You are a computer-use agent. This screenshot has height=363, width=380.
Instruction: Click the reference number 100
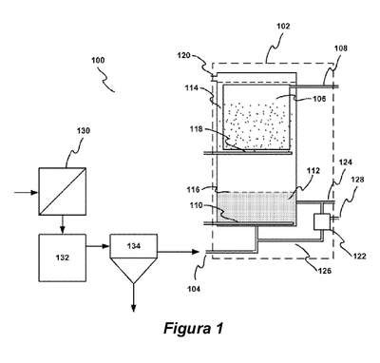(98, 60)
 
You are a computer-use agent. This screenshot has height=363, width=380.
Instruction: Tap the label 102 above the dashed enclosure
(283, 26)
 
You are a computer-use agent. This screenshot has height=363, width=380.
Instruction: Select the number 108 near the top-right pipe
(341, 48)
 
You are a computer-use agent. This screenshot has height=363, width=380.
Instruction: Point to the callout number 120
(183, 55)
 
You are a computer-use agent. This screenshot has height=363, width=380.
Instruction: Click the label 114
(192, 87)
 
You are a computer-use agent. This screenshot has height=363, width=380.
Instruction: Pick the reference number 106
(319, 99)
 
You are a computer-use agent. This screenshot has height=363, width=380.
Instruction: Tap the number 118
(197, 129)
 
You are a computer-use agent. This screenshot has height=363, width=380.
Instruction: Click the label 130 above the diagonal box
(84, 130)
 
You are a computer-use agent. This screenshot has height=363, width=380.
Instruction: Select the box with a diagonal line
(63, 191)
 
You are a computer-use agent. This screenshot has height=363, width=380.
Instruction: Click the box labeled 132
(63, 258)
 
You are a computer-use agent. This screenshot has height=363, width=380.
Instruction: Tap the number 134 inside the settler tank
(134, 246)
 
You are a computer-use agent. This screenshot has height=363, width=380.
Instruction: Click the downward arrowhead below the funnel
(133, 308)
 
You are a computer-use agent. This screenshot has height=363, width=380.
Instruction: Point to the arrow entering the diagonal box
(26, 192)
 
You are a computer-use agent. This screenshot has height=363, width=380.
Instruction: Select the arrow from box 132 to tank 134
(98, 246)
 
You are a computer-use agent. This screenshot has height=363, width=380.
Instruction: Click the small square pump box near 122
(322, 221)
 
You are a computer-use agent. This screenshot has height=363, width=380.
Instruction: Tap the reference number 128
(357, 180)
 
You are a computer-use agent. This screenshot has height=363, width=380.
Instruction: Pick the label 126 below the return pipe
(325, 271)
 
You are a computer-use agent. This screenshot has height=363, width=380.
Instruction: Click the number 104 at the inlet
(194, 289)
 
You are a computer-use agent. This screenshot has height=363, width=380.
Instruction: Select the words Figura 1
(194, 328)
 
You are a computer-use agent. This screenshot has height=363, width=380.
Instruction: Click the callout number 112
(313, 171)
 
